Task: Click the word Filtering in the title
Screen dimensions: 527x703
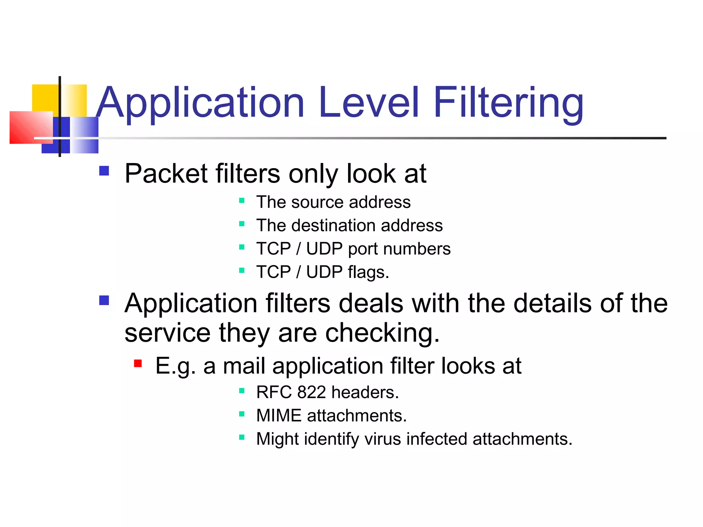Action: pyautogui.click(x=508, y=103)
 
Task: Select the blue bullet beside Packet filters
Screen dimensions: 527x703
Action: pyautogui.click(x=104, y=171)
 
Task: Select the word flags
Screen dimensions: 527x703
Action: pyautogui.click(x=368, y=272)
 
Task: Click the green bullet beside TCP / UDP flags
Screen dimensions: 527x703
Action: pyautogui.click(x=242, y=270)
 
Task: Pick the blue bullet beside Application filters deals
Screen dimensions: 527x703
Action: pyautogui.click(x=104, y=301)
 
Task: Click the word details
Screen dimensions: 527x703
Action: pyautogui.click(x=552, y=303)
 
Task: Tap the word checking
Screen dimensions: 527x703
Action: pyautogui.click(x=382, y=333)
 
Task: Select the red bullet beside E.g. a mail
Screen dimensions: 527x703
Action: pyautogui.click(x=138, y=363)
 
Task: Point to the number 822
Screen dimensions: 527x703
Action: pyautogui.click(x=311, y=392)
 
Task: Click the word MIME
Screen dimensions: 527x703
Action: pyautogui.click(x=278, y=415)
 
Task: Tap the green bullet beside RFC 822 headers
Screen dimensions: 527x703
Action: pyautogui.click(x=242, y=390)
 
